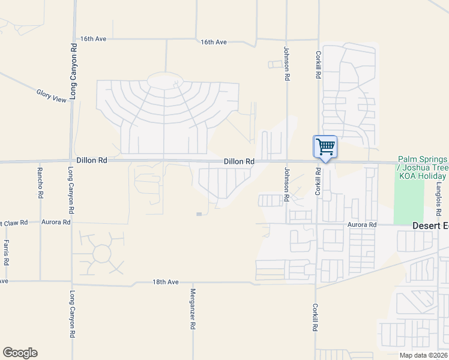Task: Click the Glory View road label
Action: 51,95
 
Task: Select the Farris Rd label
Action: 6,253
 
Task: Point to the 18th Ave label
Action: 166,281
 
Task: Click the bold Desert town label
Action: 430,226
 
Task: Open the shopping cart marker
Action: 325,146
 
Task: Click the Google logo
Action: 20,353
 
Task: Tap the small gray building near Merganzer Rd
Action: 199,214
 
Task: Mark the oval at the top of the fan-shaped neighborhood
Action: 165,80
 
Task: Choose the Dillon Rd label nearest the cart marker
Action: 240,161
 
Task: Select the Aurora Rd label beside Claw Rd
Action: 56,222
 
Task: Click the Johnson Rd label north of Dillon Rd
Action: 287,64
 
